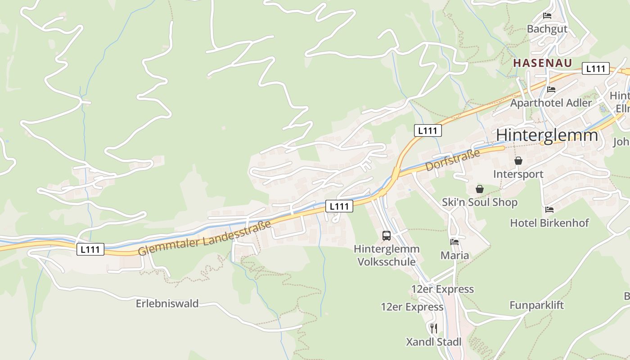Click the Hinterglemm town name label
click(x=547, y=135)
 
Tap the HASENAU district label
click(x=543, y=63)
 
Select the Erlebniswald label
click(x=167, y=304)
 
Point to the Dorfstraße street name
click(x=453, y=160)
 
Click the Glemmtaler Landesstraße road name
click(x=205, y=237)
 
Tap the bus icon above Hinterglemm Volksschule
click(x=387, y=235)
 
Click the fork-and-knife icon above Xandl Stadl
click(x=433, y=328)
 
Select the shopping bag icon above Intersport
click(x=518, y=161)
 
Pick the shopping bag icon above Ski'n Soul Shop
click(x=480, y=189)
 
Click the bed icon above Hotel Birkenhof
click(x=549, y=210)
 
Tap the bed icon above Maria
click(x=454, y=242)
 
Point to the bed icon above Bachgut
click(x=547, y=16)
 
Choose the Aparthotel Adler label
click(x=551, y=103)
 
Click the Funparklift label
click(x=536, y=306)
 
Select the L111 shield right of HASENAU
click(x=596, y=68)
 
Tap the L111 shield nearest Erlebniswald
click(x=90, y=249)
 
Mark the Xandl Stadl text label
click(x=434, y=342)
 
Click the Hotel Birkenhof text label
click(x=549, y=223)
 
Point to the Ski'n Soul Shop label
click(x=480, y=202)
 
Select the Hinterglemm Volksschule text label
click(x=387, y=255)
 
